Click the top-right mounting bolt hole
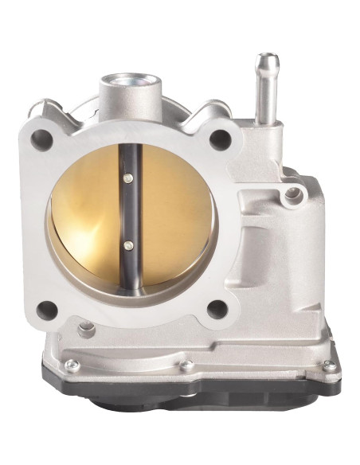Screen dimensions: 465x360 pyautogui.click(x=220, y=139)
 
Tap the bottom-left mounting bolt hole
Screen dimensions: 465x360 pyautogui.click(x=47, y=309)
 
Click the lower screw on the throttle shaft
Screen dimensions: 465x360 pyautogui.click(x=129, y=245)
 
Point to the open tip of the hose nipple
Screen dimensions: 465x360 pyautogui.click(x=267, y=59)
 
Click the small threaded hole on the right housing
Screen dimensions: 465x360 pyautogui.click(x=295, y=192)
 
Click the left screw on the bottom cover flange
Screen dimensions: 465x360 pyautogui.click(x=71, y=365)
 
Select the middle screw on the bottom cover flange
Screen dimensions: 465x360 pyautogui.click(x=187, y=365)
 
